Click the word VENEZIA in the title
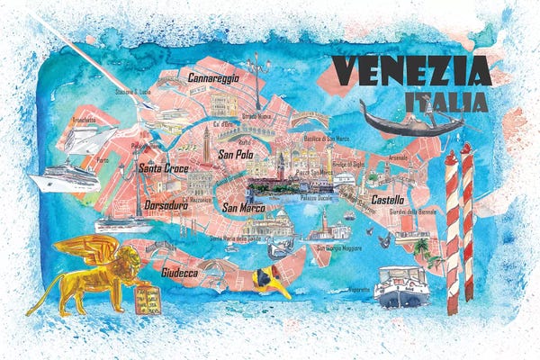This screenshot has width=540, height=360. click(410, 70)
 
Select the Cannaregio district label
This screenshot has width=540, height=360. click(213, 79)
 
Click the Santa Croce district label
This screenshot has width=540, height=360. click(162, 166)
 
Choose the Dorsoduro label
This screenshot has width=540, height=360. click(165, 205)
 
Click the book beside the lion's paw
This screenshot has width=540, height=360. click(146, 299)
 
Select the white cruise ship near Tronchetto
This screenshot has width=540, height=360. click(63, 177)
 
